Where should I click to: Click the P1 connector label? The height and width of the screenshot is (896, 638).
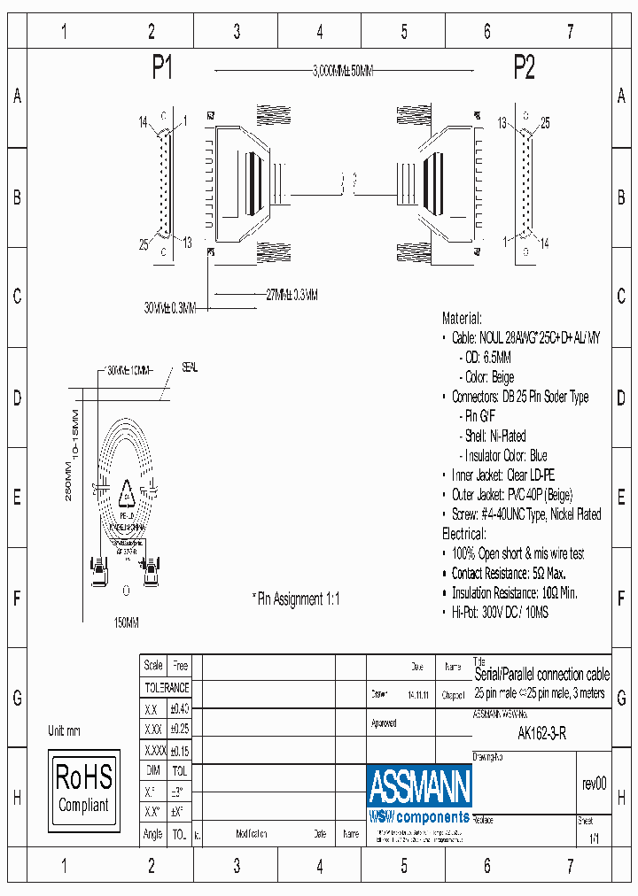point(162,69)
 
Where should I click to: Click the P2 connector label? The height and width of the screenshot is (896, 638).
point(525,69)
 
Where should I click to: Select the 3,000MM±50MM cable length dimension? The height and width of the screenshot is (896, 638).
point(341,72)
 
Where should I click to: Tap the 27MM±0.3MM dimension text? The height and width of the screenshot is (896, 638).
point(292,293)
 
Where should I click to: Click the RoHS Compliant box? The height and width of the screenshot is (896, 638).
point(83,790)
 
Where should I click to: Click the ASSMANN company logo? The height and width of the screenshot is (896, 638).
point(419,784)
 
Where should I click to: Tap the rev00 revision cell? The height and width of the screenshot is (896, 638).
point(594,784)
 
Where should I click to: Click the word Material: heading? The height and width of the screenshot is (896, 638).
point(462,318)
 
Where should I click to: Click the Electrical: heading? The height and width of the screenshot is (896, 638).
point(463,534)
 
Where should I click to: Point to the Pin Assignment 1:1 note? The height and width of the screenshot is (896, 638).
point(296,599)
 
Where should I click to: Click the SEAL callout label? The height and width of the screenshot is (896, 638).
point(191,366)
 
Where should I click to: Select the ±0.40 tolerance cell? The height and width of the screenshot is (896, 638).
point(180,708)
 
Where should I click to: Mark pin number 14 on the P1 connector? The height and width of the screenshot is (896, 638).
point(143,122)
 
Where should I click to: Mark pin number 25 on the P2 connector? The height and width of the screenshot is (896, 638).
point(546,123)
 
